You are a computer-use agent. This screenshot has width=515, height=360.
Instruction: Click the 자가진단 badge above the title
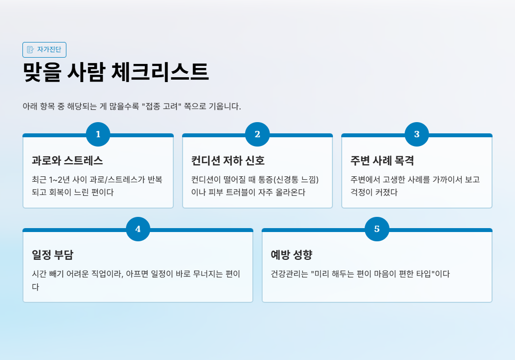pyautogui.click(x=44, y=49)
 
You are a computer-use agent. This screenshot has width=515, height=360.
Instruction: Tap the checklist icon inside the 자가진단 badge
pyautogui.click(x=30, y=49)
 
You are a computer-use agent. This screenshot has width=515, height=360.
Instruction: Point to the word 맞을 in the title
pyautogui.click(x=41, y=72)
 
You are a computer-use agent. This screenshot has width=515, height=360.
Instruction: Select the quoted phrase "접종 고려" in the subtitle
pyautogui.click(x=161, y=106)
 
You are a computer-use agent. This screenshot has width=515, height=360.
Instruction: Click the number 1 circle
pyautogui.click(x=98, y=134)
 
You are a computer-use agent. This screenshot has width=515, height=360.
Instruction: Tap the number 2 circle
pyautogui.click(x=257, y=134)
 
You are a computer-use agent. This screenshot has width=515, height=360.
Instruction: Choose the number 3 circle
pyautogui.click(x=417, y=134)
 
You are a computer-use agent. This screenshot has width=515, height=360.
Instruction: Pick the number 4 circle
pyautogui.click(x=138, y=229)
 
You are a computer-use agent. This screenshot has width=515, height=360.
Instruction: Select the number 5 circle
pyautogui.click(x=377, y=229)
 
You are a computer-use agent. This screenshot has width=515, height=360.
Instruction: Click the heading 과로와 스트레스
pyautogui.click(x=67, y=161)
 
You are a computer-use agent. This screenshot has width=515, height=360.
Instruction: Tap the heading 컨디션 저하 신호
pyautogui.click(x=228, y=161)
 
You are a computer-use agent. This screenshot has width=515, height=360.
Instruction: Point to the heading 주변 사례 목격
pyautogui.click(x=382, y=161)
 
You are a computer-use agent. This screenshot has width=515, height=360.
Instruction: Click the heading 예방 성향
pyautogui.click(x=291, y=255)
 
